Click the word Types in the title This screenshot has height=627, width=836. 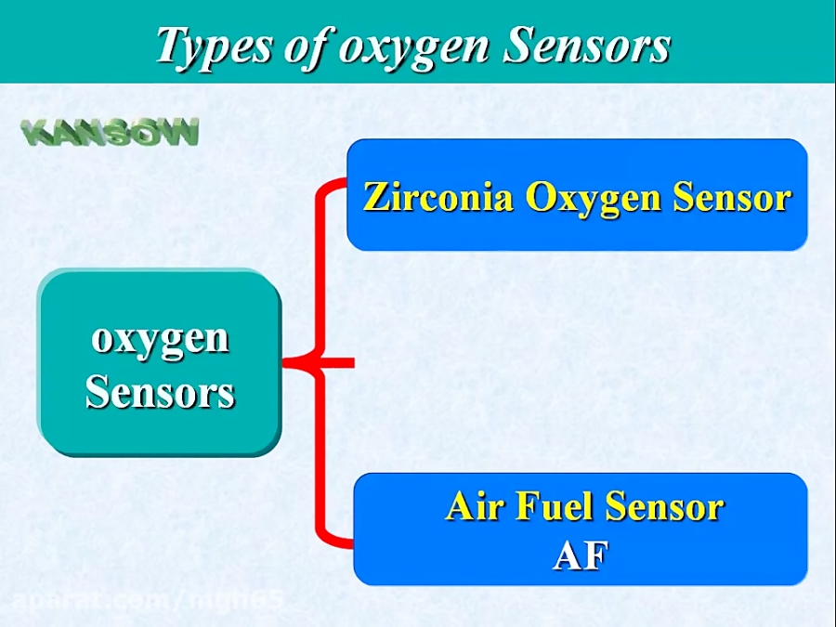[211, 46]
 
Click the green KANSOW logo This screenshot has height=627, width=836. [111, 133]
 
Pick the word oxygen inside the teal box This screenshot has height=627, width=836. [160, 340]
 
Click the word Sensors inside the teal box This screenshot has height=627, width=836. [160, 393]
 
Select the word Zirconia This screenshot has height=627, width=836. [438, 197]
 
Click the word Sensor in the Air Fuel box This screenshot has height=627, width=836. [664, 507]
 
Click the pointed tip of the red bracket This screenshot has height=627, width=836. [290, 362]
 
